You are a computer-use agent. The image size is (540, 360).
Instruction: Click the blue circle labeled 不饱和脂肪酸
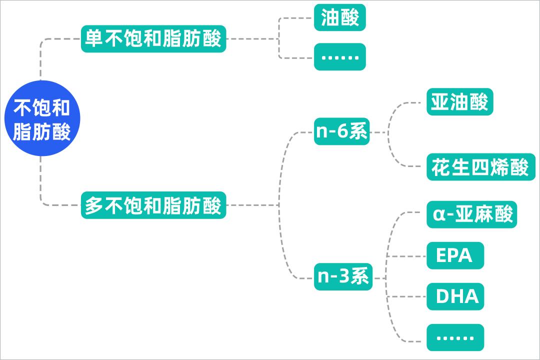click(42, 118)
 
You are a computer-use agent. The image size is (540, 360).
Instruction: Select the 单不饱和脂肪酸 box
click(153, 39)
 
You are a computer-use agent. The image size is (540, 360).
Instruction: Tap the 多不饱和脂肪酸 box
click(153, 205)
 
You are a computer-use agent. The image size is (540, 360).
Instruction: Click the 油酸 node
click(340, 18)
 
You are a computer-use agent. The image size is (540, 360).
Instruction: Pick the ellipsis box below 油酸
click(340, 56)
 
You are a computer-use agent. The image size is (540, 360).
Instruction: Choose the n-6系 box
click(342, 132)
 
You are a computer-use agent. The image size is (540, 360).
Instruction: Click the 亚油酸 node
click(459, 102)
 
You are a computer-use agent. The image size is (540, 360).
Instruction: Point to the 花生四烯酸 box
click(480, 167)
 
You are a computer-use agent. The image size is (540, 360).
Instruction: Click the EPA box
click(455, 255)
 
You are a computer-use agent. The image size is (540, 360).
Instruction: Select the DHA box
click(455, 296)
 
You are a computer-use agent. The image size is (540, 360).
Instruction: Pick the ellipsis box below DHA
click(455, 337)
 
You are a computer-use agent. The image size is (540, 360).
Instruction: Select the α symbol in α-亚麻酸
click(438, 215)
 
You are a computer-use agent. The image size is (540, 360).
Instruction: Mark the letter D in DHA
click(443, 296)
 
